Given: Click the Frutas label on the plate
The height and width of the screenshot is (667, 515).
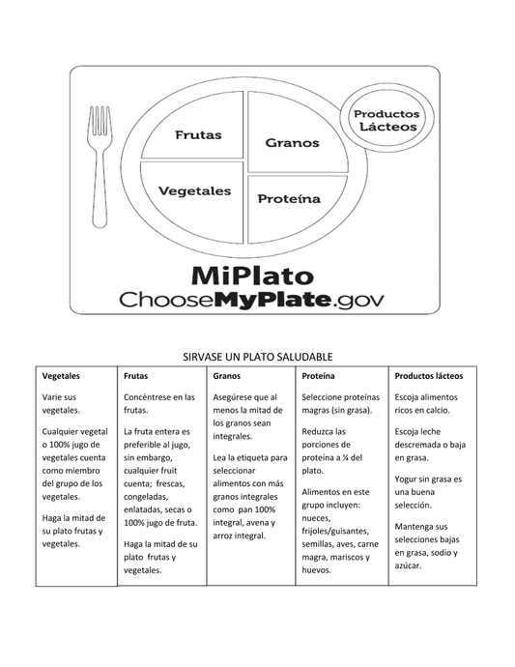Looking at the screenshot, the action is (198, 134).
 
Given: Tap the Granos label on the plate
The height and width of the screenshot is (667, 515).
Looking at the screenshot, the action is (292, 142).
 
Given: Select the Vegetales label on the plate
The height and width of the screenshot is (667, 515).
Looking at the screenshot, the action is (194, 190).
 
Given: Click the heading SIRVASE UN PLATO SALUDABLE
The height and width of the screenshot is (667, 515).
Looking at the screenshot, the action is (257, 357).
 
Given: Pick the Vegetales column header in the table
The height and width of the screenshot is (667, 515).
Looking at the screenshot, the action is (61, 375).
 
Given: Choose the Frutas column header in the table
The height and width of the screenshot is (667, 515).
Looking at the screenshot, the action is (136, 375).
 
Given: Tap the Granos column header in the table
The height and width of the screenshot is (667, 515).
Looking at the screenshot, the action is (227, 375).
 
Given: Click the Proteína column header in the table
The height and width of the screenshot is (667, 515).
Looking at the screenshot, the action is (319, 375).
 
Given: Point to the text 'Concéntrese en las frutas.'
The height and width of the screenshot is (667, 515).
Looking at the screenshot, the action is (159, 404).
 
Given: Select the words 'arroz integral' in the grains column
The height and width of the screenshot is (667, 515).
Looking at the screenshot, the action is (239, 536).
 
